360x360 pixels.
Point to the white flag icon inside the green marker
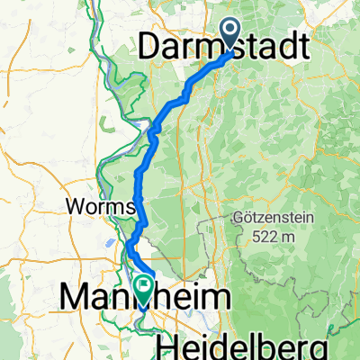[143, 285]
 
